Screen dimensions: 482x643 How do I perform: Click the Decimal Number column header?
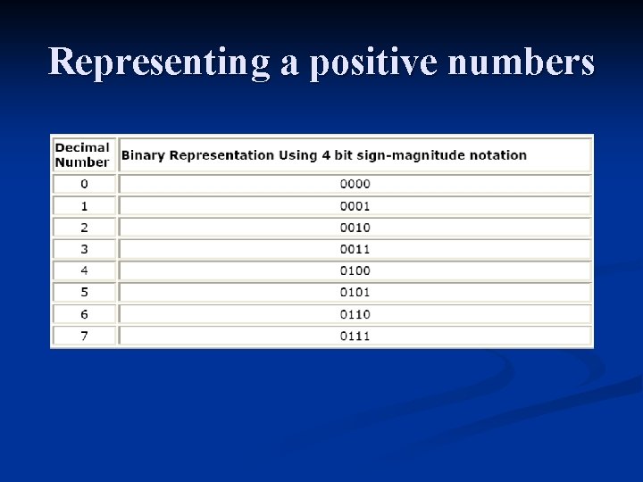(82, 154)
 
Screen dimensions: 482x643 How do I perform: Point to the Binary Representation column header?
(324, 155)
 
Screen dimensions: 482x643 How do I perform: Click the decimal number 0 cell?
(84, 184)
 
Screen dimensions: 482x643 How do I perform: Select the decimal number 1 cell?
(84, 205)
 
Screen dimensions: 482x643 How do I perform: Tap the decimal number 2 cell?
(84, 228)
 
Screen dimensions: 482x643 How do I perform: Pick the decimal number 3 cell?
(84, 249)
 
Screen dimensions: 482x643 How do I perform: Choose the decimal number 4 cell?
(84, 270)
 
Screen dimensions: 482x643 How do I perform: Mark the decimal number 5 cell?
(84, 292)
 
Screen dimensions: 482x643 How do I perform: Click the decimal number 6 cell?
(84, 314)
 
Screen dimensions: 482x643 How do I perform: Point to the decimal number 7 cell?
(84, 336)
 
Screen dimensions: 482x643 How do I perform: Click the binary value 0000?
(355, 184)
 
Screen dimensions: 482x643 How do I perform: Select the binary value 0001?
(355, 205)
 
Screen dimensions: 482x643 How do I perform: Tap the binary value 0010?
(355, 228)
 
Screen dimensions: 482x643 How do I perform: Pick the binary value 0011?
(355, 249)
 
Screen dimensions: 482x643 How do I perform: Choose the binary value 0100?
(355, 270)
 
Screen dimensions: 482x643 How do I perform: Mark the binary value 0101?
(355, 292)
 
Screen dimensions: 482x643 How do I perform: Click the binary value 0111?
(355, 336)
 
